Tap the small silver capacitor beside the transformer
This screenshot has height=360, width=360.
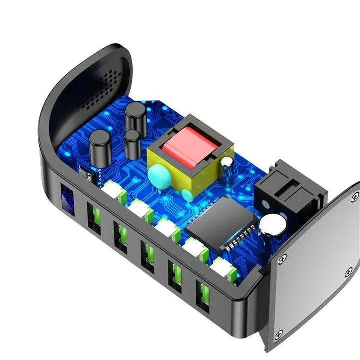coord(227,162)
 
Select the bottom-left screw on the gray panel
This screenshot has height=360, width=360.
coord(279,332)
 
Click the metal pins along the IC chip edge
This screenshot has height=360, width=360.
coord(237,240)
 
